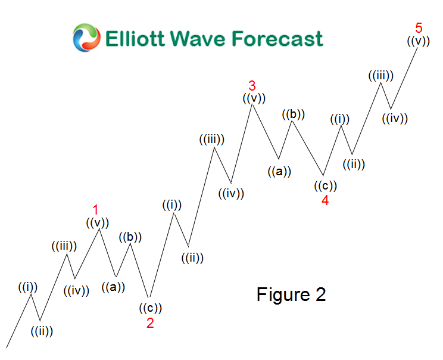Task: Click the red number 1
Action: [95, 209]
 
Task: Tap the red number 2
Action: [150, 322]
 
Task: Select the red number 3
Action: [252, 85]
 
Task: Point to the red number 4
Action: [325, 200]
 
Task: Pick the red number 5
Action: [419, 27]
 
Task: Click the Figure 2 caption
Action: [291, 294]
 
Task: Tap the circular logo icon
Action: [86, 38]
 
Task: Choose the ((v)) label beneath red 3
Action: [254, 98]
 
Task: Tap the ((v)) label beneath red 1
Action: [97, 223]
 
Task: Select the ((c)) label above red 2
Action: [150, 308]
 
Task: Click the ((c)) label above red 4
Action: [326, 185]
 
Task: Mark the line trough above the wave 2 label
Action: [148, 297]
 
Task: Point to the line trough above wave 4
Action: [325, 175]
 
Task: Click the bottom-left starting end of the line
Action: [7, 347]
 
